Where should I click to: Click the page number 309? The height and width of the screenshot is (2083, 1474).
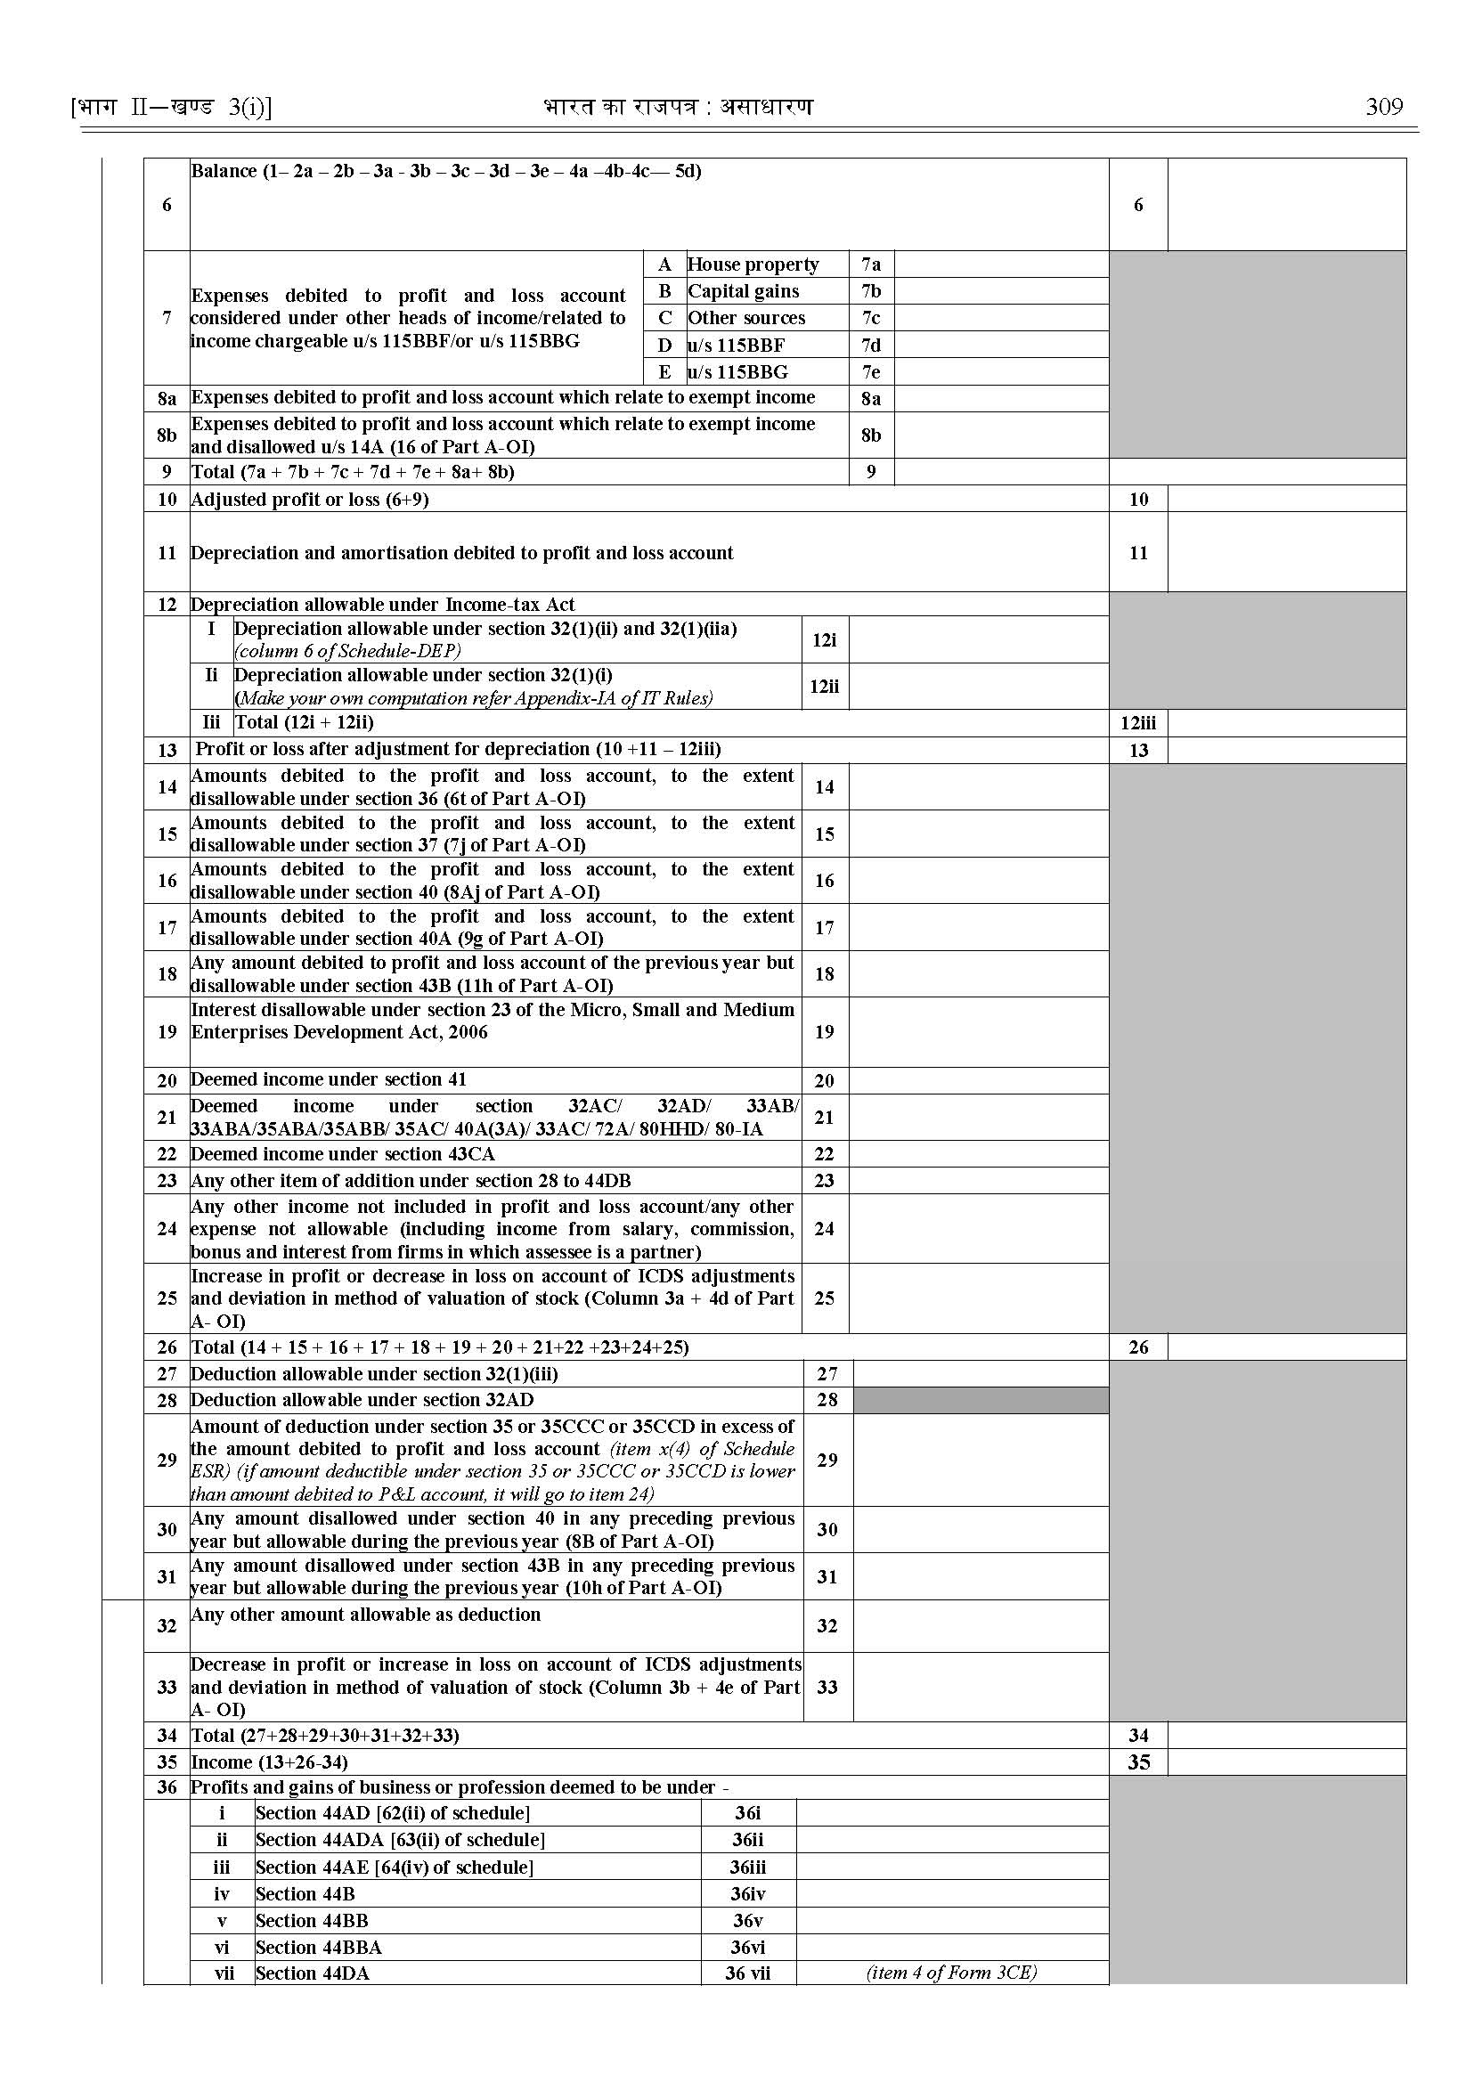point(1383,107)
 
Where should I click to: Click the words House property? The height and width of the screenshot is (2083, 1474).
point(753,264)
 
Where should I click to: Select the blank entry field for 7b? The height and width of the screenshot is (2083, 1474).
point(1000,291)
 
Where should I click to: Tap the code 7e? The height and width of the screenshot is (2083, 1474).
point(870,372)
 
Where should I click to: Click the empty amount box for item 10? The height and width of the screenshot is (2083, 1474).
point(1286,500)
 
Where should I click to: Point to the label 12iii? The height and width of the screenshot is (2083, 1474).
point(1138,723)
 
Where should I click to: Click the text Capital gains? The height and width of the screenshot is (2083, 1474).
point(744,291)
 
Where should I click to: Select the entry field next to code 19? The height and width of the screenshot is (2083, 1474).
point(979,1032)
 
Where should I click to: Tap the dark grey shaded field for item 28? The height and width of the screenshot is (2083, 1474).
point(981,1400)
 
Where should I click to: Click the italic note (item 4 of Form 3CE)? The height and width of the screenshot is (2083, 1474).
point(951,1973)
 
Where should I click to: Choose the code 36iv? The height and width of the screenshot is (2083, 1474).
point(748,1894)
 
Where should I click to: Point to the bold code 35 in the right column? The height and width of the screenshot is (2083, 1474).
point(1138,1762)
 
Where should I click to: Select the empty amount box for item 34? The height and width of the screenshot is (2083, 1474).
point(1286,1736)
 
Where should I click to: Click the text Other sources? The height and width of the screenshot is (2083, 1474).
point(746,318)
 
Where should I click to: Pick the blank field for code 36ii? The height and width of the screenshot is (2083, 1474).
point(951,1840)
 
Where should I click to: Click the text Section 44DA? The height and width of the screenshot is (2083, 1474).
point(313,1973)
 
